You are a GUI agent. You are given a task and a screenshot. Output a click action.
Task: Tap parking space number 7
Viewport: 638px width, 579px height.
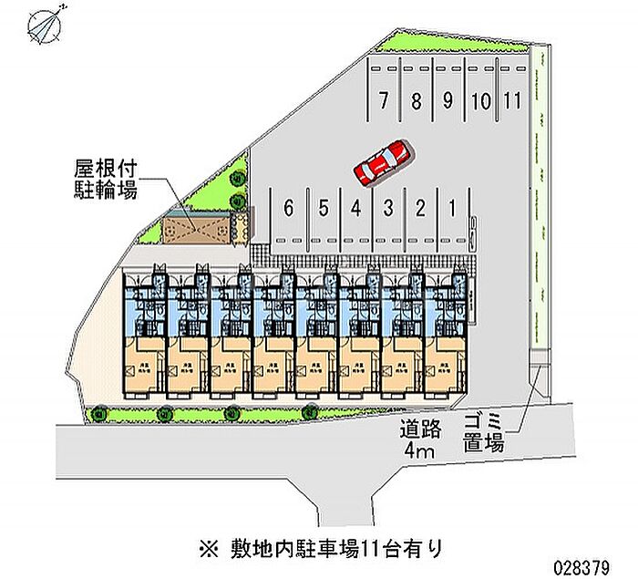click(386, 100)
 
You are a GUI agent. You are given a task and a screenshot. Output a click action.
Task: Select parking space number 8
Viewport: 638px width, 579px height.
click(417, 100)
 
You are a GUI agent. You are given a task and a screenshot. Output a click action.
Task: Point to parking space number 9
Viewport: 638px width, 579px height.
click(448, 100)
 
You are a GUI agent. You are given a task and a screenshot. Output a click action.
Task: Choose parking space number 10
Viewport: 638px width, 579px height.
click(481, 100)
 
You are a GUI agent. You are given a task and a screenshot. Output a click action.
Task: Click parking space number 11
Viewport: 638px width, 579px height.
click(512, 100)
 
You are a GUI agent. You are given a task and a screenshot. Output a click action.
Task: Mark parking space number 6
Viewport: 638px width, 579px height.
click(288, 208)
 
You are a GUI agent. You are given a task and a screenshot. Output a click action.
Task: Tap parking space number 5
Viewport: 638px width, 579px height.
click(323, 208)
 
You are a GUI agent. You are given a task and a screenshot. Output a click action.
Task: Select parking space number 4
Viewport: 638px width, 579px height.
click(356, 208)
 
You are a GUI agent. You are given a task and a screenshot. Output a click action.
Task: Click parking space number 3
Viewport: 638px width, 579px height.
click(388, 208)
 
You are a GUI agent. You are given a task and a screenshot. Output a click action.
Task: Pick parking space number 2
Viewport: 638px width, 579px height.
click(420, 208)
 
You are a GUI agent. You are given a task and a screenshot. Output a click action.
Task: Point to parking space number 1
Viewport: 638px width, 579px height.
click(452, 208)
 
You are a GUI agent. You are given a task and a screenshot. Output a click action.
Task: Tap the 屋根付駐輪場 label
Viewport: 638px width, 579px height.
click(106, 181)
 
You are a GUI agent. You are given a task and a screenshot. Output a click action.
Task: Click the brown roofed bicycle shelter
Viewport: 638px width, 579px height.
click(199, 228)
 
